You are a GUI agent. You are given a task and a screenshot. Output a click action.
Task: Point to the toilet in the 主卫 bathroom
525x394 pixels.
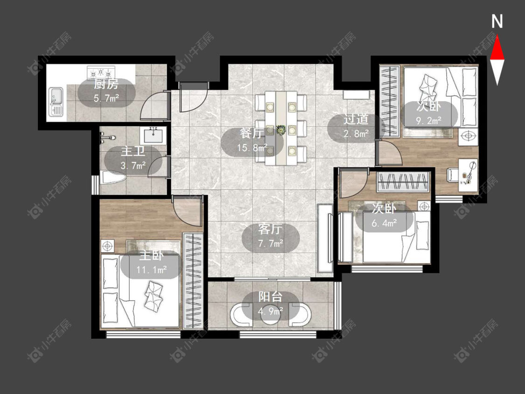(113, 177)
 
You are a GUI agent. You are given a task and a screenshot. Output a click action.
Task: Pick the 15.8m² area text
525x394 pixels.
(252, 148)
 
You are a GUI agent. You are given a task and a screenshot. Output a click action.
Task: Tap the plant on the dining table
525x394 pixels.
(281, 130)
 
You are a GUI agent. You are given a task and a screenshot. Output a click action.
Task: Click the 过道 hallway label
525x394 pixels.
(356, 119)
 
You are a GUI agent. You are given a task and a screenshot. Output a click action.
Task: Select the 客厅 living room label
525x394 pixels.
(270, 230)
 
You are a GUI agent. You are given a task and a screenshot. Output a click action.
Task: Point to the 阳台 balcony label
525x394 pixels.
(271, 297)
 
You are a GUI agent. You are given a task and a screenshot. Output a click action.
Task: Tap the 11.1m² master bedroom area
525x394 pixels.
(152, 269)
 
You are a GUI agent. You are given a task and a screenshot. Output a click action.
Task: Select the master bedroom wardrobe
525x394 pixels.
(193, 281)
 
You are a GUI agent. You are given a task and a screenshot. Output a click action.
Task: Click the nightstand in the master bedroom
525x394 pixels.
(107, 246)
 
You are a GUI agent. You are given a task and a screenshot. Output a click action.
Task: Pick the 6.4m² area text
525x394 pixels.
(384, 223)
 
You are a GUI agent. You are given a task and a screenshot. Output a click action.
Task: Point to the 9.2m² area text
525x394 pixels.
(429, 120)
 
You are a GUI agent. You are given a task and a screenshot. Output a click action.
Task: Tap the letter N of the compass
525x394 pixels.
(497, 21)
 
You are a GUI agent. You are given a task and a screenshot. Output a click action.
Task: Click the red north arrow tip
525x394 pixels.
(497, 36)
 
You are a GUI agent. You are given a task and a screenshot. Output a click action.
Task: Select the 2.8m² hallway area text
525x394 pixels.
(356, 134)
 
